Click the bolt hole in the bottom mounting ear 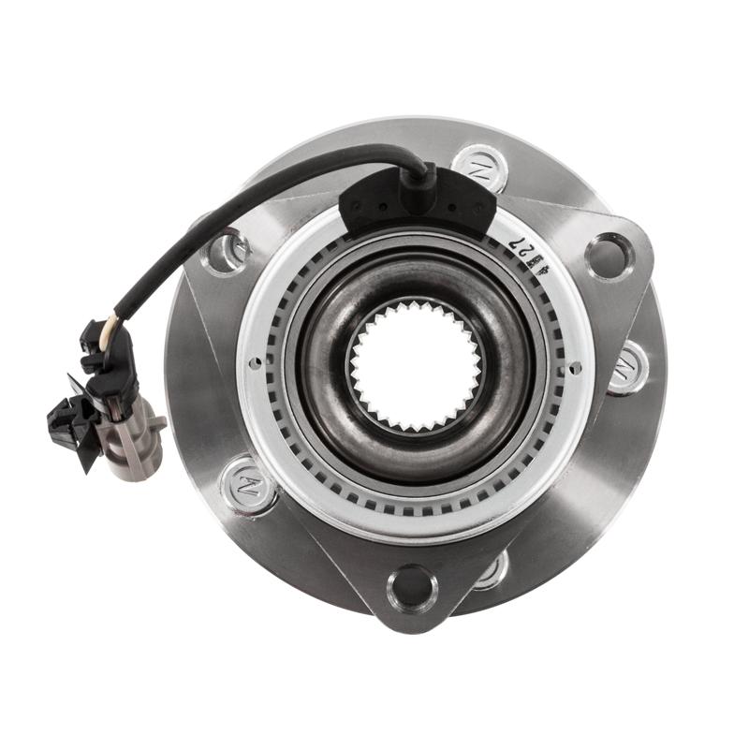pyautogui.click(x=413, y=587)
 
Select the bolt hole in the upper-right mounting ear pyautogui.click(x=609, y=254)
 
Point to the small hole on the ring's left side pyautogui.click(x=254, y=363)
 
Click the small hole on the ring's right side pyautogui.click(x=574, y=366)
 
